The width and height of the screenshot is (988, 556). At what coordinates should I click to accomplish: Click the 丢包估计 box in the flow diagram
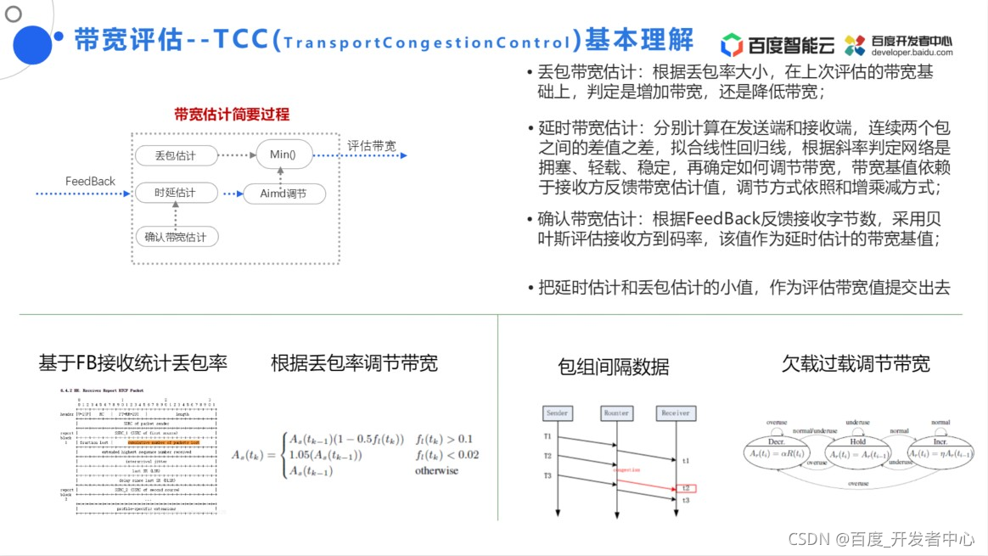click(176, 155)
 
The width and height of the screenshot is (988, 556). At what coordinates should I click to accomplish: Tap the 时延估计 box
click(176, 194)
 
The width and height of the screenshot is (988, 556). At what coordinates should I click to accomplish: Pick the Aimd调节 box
click(283, 194)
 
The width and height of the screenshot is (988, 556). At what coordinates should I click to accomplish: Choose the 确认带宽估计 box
click(176, 237)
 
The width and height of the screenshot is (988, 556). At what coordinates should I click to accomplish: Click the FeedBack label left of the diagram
click(90, 182)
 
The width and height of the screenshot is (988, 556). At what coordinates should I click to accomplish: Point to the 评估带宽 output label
click(371, 146)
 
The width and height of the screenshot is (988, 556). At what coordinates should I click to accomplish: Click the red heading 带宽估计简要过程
click(232, 115)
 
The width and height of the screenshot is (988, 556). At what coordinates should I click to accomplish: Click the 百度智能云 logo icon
click(732, 44)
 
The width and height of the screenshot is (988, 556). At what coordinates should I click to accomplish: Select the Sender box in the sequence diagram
click(557, 413)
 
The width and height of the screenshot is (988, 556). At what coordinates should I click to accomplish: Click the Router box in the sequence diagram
click(616, 413)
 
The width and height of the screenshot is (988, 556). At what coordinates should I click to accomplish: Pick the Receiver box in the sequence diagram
click(676, 413)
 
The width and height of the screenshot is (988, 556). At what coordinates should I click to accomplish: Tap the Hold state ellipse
click(856, 447)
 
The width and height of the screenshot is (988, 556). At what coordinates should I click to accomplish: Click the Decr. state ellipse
click(777, 447)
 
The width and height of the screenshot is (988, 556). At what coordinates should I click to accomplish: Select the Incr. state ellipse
click(940, 447)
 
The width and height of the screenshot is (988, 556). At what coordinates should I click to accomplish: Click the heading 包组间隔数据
click(614, 367)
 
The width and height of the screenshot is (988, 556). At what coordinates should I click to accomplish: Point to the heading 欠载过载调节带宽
click(856, 364)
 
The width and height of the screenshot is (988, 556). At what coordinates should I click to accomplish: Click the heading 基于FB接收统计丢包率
click(133, 363)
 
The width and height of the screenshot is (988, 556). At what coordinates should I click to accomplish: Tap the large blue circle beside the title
click(32, 44)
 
